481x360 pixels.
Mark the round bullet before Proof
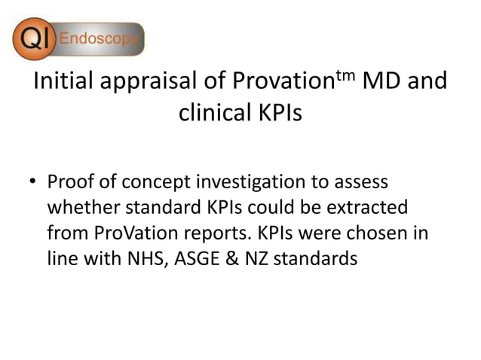(33, 183)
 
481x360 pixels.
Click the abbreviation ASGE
(184, 258)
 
